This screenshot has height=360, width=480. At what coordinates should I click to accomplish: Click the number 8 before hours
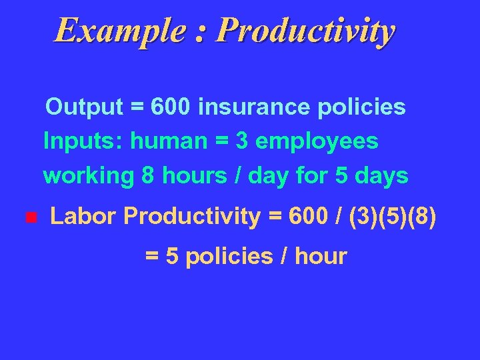pos(147,176)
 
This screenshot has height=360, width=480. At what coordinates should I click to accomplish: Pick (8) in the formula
pos(422,217)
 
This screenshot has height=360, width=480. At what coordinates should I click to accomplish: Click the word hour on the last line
pos(324,256)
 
